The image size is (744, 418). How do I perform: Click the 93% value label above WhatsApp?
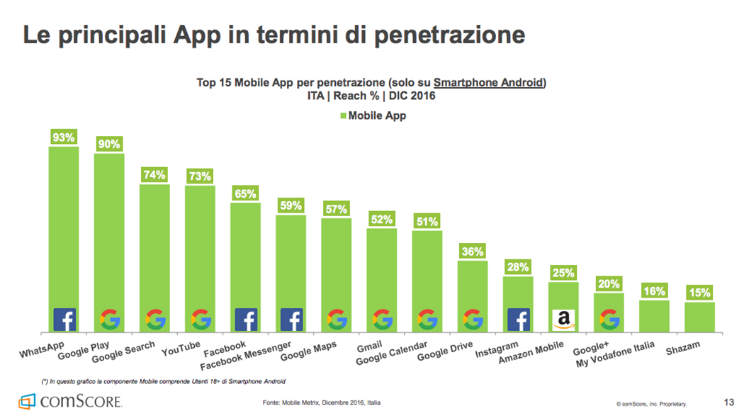click(x=63, y=137)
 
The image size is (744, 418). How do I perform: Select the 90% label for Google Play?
click(x=108, y=144)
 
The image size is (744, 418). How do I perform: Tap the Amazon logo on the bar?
click(x=564, y=320)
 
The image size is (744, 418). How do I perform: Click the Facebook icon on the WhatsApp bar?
click(x=64, y=320)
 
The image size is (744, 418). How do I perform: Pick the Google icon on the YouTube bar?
click(x=201, y=320)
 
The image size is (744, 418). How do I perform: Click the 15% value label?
click(x=699, y=293)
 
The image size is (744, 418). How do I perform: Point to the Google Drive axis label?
click(x=445, y=351)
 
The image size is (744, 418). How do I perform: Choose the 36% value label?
click(x=472, y=252)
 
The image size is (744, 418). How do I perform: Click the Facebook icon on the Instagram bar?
click(x=518, y=320)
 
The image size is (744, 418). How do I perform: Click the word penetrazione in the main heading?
click(x=446, y=35)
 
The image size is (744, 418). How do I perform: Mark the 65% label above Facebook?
click(x=245, y=193)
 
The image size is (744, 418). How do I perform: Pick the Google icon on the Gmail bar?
click(x=382, y=320)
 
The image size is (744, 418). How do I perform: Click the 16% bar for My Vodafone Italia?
click(x=654, y=315)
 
